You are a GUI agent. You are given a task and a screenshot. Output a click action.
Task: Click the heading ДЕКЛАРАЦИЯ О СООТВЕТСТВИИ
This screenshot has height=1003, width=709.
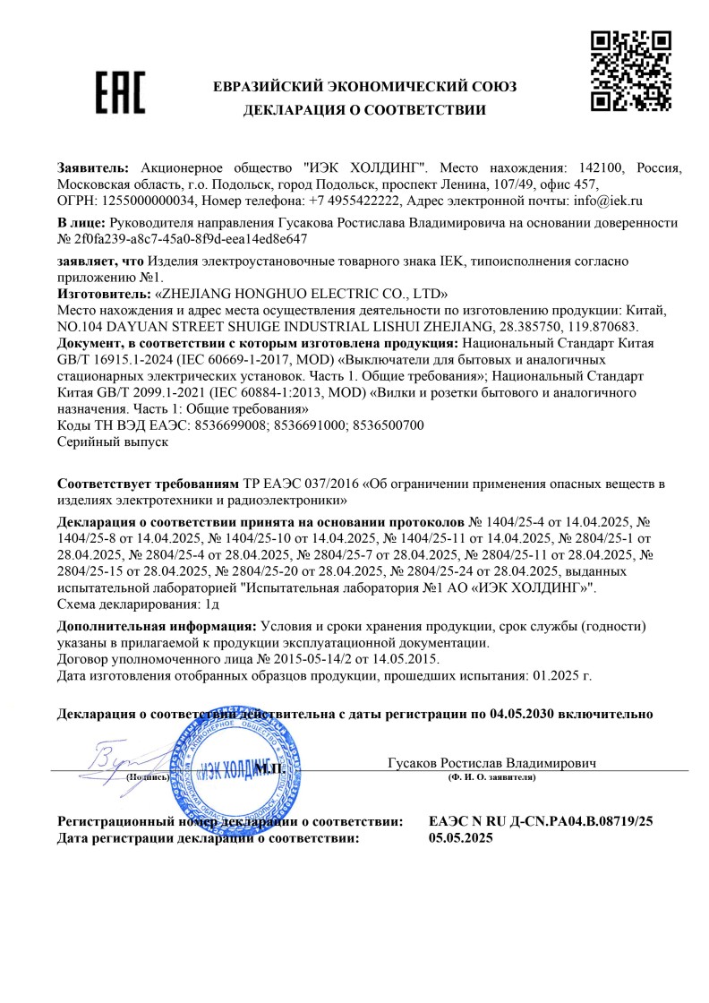coord(364,111)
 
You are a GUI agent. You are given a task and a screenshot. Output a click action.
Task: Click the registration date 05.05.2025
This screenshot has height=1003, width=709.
coord(461,838)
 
